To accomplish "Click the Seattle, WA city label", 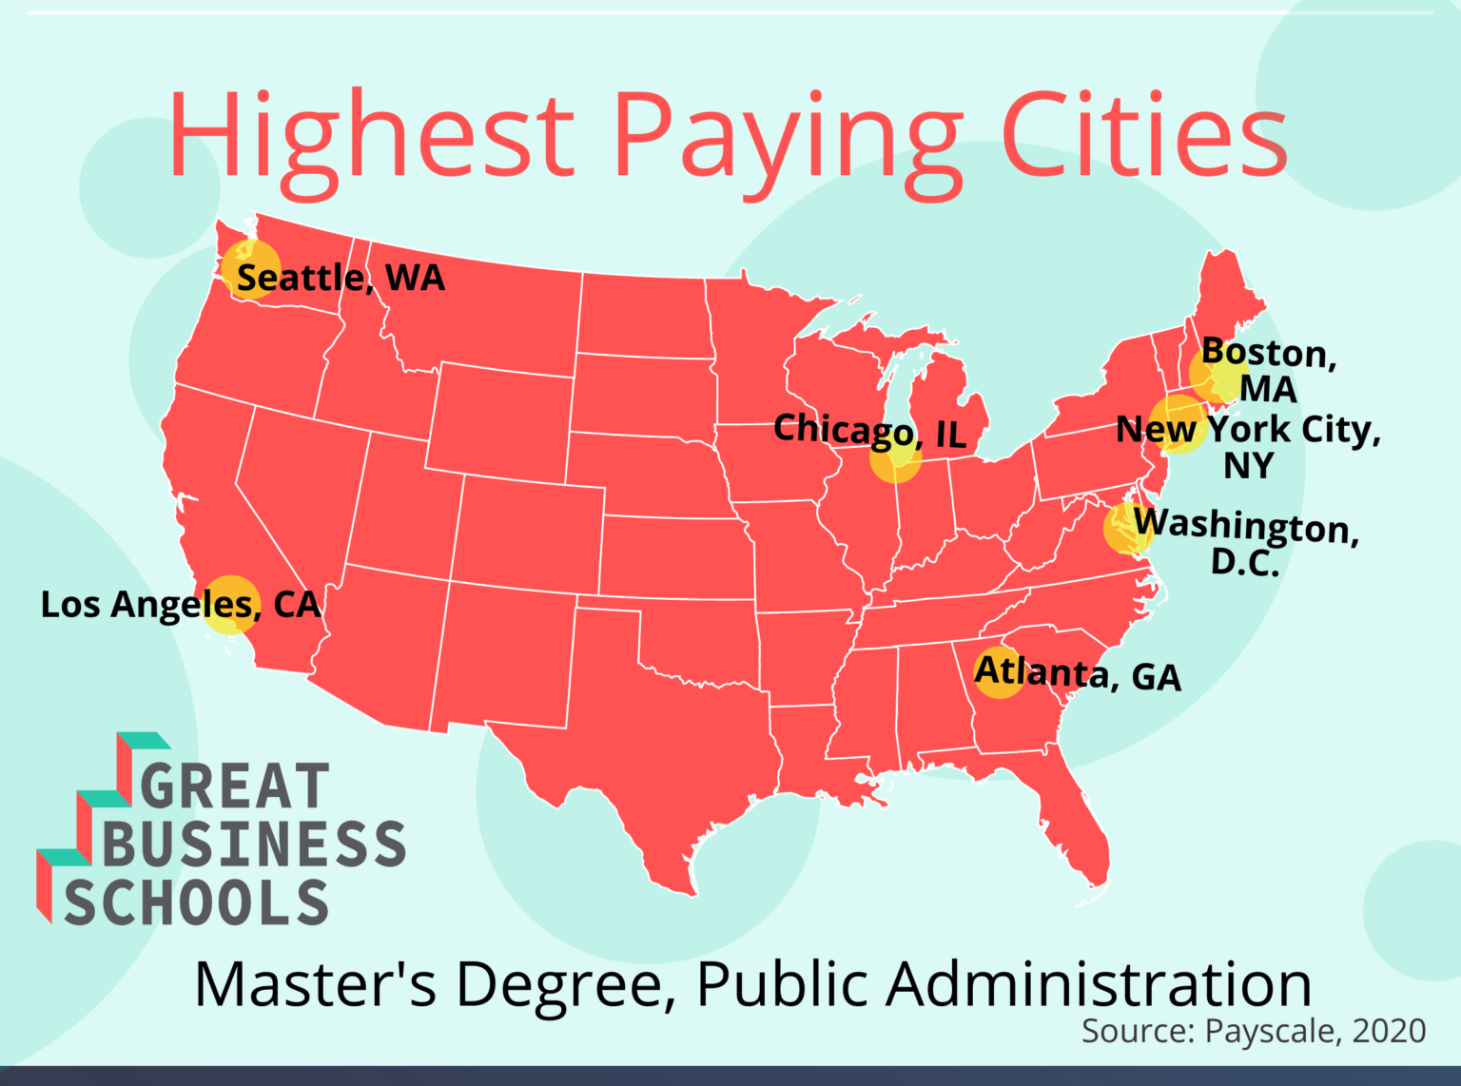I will click(x=341, y=278).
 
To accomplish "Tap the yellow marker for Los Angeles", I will click(x=231, y=604).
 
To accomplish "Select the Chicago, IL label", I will click(x=869, y=432).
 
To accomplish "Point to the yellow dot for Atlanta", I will click(x=999, y=672).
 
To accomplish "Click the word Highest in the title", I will click(x=372, y=136).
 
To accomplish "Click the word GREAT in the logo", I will click(x=235, y=786).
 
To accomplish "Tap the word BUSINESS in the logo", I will click(x=254, y=844).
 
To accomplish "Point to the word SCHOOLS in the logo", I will click(x=196, y=902).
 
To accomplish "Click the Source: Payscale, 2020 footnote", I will click(x=1254, y=1031).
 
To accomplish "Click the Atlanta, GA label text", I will click(x=1078, y=674).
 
